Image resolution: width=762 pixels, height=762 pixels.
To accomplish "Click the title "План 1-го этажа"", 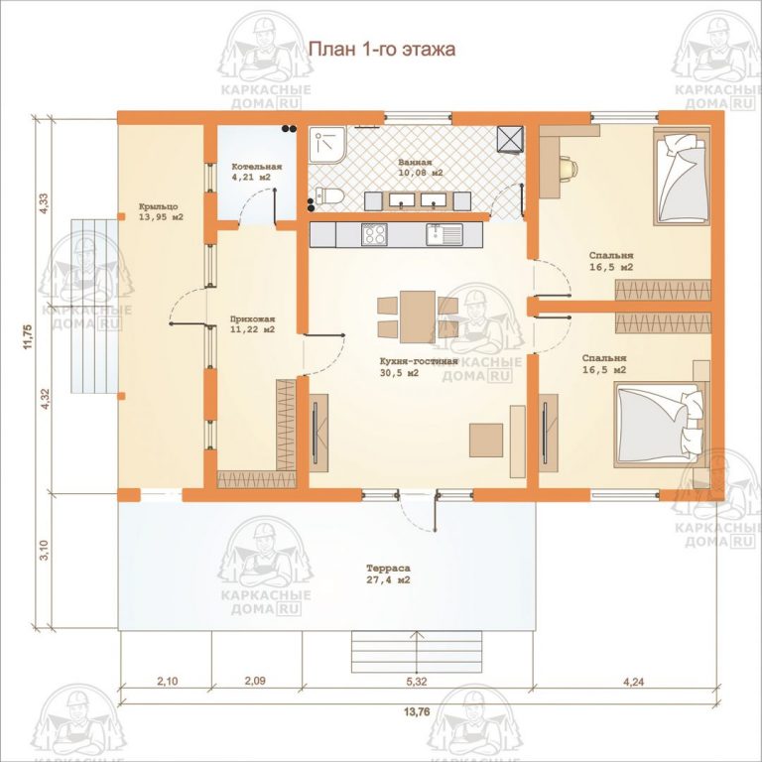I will click(x=381, y=50).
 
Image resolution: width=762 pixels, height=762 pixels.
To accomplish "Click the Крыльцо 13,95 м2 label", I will click(x=161, y=210).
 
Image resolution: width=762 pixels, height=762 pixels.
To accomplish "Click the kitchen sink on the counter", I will click(x=439, y=235).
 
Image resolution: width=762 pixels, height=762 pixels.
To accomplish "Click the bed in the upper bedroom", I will click(x=683, y=179).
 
